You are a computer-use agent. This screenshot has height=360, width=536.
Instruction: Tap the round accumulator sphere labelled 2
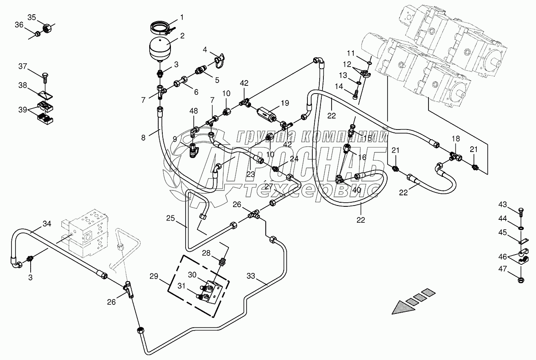(x=159, y=48)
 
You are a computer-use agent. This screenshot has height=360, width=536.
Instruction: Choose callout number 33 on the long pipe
(x=251, y=276)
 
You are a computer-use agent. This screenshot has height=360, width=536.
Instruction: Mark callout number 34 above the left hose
(x=47, y=223)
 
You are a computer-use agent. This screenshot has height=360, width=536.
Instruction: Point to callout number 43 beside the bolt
(x=502, y=204)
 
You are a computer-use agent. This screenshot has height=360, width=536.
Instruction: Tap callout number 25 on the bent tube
(x=170, y=219)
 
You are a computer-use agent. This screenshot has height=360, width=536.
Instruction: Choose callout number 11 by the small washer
(x=351, y=53)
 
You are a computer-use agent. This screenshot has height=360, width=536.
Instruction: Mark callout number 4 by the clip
(x=205, y=50)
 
